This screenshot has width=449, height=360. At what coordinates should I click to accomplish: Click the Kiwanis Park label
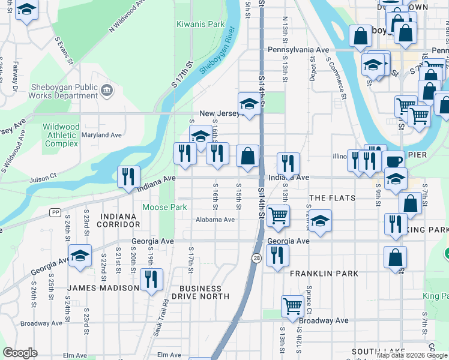click(200, 25)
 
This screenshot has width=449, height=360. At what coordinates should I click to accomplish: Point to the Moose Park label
click(164, 207)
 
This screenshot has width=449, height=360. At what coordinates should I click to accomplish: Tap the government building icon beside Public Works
click(107, 91)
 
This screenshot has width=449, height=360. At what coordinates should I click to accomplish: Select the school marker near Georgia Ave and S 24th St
click(80, 256)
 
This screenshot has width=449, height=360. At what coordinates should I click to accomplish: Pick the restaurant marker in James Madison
click(151, 279)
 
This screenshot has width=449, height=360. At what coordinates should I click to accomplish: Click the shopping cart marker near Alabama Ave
click(278, 215)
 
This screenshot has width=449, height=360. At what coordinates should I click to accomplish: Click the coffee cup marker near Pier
click(393, 161)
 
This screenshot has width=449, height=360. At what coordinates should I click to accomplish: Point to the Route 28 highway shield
click(256, 258)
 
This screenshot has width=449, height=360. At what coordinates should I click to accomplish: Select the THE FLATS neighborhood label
click(332, 198)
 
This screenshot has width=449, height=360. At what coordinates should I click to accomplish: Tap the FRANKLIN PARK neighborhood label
click(324, 274)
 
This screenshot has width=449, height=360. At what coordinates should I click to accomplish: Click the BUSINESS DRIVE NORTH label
click(200, 292)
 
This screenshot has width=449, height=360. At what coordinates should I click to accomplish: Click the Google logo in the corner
click(20, 353)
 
